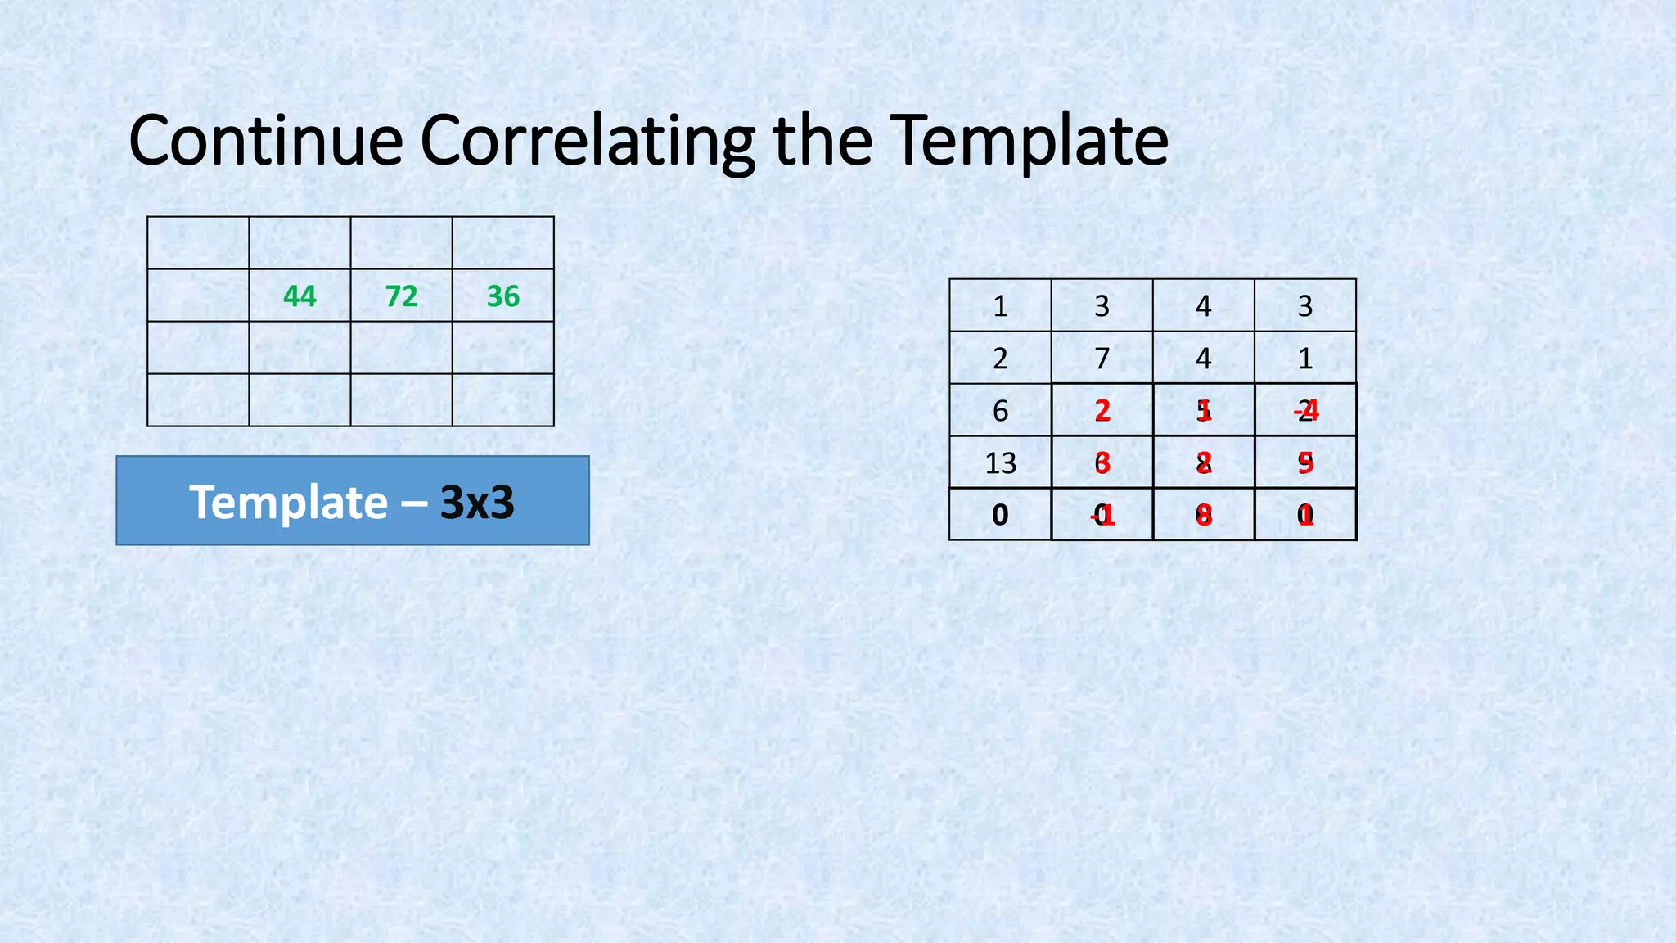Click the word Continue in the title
tap(265, 141)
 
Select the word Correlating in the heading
tap(588, 141)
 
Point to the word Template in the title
tap(1029, 141)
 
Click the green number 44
tap(300, 296)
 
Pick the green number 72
tap(401, 296)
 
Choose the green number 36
tap(502, 296)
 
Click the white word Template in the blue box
tap(288, 502)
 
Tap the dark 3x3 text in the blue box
tap(477, 502)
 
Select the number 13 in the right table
tap(1000, 463)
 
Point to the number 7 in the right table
tap(1102, 359)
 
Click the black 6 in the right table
tap(1000, 411)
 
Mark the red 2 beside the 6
tap(1102, 411)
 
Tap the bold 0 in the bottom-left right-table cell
tap(1000, 515)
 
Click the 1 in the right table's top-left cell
tap(1000, 306)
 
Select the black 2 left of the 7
tap(1000, 359)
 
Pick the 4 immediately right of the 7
tap(1203, 359)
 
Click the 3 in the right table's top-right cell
tap(1304, 306)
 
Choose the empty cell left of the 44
tap(198, 296)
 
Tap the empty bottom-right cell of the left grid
tap(502, 400)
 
